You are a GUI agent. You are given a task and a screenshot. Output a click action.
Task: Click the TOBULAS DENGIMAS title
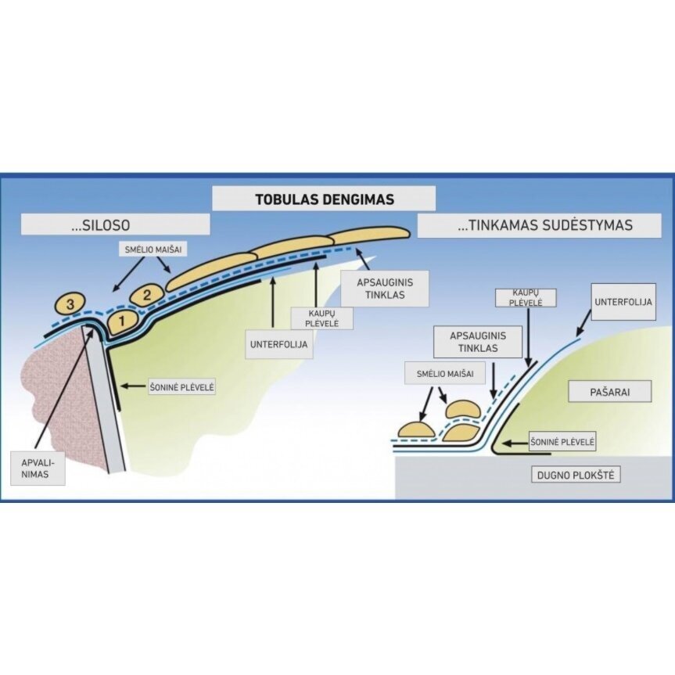click(x=324, y=199)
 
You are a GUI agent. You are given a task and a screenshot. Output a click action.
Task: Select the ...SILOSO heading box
click(x=116, y=224)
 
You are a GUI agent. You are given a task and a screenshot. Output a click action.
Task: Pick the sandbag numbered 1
click(x=120, y=320)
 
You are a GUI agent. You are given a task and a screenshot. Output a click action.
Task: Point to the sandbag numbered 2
click(x=145, y=296)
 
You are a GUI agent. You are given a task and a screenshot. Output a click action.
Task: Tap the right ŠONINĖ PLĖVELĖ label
click(x=562, y=442)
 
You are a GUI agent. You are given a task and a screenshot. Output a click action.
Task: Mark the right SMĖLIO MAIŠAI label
click(x=444, y=374)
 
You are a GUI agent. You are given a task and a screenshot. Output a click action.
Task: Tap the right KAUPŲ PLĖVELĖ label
click(x=526, y=298)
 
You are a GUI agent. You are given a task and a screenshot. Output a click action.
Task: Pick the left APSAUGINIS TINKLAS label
click(x=385, y=289)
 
